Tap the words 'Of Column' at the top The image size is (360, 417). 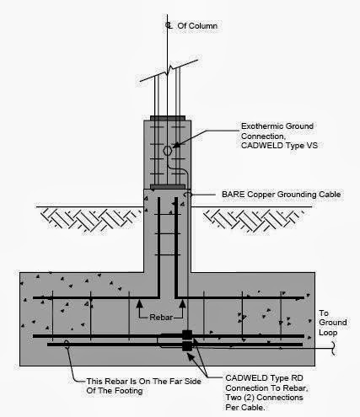pyautogui.click(x=197, y=26)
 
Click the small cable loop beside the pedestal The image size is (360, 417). pyautogui.click(x=212, y=195)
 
